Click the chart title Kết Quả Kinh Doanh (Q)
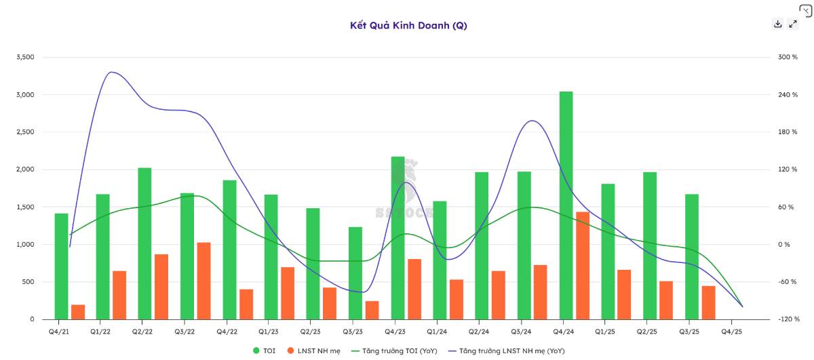(x=408, y=26)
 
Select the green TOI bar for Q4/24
(x=566, y=205)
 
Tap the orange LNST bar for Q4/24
(x=583, y=266)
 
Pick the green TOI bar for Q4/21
(x=62, y=266)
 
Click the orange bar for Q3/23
(x=372, y=311)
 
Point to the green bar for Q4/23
(x=398, y=238)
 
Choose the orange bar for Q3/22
(x=204, y=281)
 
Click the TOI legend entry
(x=265, y=351)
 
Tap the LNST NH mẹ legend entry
(x=315, y=351)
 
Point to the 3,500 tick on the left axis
(x=25, y=58)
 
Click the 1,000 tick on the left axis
(x=25, y=245)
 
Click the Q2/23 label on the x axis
(x=310, y=332)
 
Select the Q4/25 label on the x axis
(x=731, y=332)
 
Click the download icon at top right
(x=778, y=24)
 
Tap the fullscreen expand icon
(x=793, y=24)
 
